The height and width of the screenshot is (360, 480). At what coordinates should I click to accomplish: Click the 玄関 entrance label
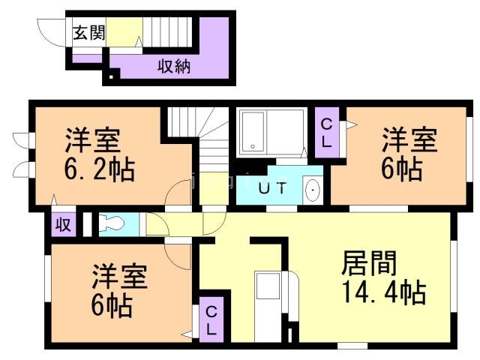coord(88,32)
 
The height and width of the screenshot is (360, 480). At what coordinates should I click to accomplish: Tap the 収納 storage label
coord(173,66)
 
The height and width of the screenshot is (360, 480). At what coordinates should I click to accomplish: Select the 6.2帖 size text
coord(99,169)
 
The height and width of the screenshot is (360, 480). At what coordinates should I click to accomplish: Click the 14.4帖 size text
coord(383,290)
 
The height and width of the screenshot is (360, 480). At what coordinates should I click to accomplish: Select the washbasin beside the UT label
coord(313,190)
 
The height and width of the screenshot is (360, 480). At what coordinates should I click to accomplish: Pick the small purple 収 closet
coord(63,224)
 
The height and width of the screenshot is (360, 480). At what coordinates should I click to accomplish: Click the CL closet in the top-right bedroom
coord(328,133)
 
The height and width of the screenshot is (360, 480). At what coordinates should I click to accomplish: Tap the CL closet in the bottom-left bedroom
coord(211,320)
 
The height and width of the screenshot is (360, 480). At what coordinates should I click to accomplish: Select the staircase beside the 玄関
coord(169,31)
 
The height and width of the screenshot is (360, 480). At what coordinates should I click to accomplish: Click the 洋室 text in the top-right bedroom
coord(409,141)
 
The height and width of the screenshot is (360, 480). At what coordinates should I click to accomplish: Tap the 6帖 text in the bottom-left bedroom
coord(114,304)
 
